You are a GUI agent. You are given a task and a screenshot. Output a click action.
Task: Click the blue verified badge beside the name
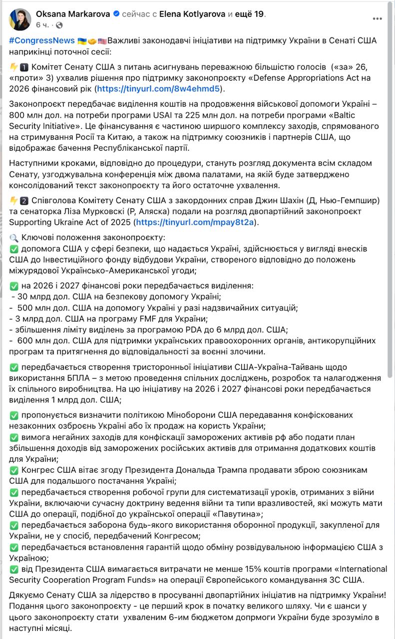pos(116,14)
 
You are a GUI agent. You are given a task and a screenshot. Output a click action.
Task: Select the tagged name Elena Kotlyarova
pos(192,14)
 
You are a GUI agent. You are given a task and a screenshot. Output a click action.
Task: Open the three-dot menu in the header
pos(377,18)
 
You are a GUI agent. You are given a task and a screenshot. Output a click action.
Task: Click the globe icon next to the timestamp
pos(59,24)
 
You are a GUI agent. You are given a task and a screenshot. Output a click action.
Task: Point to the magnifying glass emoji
pos(14,238)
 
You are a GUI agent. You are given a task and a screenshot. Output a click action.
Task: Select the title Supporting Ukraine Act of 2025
pos(70,222)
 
